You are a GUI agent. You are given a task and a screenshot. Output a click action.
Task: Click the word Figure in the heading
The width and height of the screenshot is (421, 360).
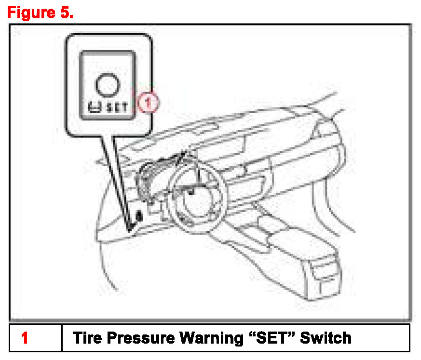[x=31, y=13]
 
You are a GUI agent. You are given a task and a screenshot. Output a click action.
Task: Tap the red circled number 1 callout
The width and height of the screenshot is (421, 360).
[x=148, y=102]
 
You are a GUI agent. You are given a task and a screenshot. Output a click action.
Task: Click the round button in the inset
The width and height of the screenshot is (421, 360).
[x=107, y=85]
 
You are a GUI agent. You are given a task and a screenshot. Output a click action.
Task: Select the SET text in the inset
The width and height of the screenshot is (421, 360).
[x=117, y=107]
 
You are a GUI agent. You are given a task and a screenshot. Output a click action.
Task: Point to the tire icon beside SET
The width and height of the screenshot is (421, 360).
[x=95, y=107]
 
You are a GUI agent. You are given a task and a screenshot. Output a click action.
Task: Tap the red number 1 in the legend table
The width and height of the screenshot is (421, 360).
[x=25, y=338]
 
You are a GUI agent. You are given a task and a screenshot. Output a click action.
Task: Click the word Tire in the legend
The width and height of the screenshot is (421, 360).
[x=87, y=337]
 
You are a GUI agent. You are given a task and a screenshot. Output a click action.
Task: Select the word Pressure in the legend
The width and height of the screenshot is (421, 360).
[x=141, y=338]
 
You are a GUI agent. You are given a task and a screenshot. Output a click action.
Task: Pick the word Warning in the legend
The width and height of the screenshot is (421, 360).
[x=211, y=338]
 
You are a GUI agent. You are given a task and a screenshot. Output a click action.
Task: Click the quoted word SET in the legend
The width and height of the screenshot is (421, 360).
[x=272, y=337]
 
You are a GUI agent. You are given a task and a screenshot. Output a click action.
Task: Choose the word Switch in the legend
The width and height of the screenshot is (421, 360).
[x=326, y=337]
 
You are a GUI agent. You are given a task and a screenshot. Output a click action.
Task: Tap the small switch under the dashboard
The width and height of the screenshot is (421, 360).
[x=139, y=216]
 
